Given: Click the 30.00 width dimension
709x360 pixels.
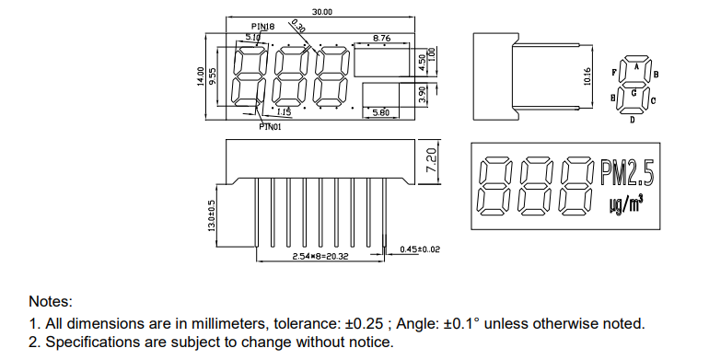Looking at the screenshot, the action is [x=322, y=12].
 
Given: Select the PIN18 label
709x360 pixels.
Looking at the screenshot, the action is [x=262, y=27].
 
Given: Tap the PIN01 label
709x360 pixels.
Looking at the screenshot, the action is [x=270, y=127].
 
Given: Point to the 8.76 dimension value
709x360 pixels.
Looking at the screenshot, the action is [x=381, y=39].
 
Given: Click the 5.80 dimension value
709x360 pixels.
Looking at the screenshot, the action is [x=380, y=112].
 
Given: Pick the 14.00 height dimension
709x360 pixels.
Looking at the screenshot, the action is [x=201, y=76].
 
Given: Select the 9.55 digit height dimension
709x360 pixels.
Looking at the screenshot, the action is [x=213, y=76].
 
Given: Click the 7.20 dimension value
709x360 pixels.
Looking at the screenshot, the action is [x=432, y=160].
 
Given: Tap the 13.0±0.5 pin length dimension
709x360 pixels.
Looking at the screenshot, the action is [x=211, y=216].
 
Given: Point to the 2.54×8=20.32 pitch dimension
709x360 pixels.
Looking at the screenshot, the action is [x=320, y=257].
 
